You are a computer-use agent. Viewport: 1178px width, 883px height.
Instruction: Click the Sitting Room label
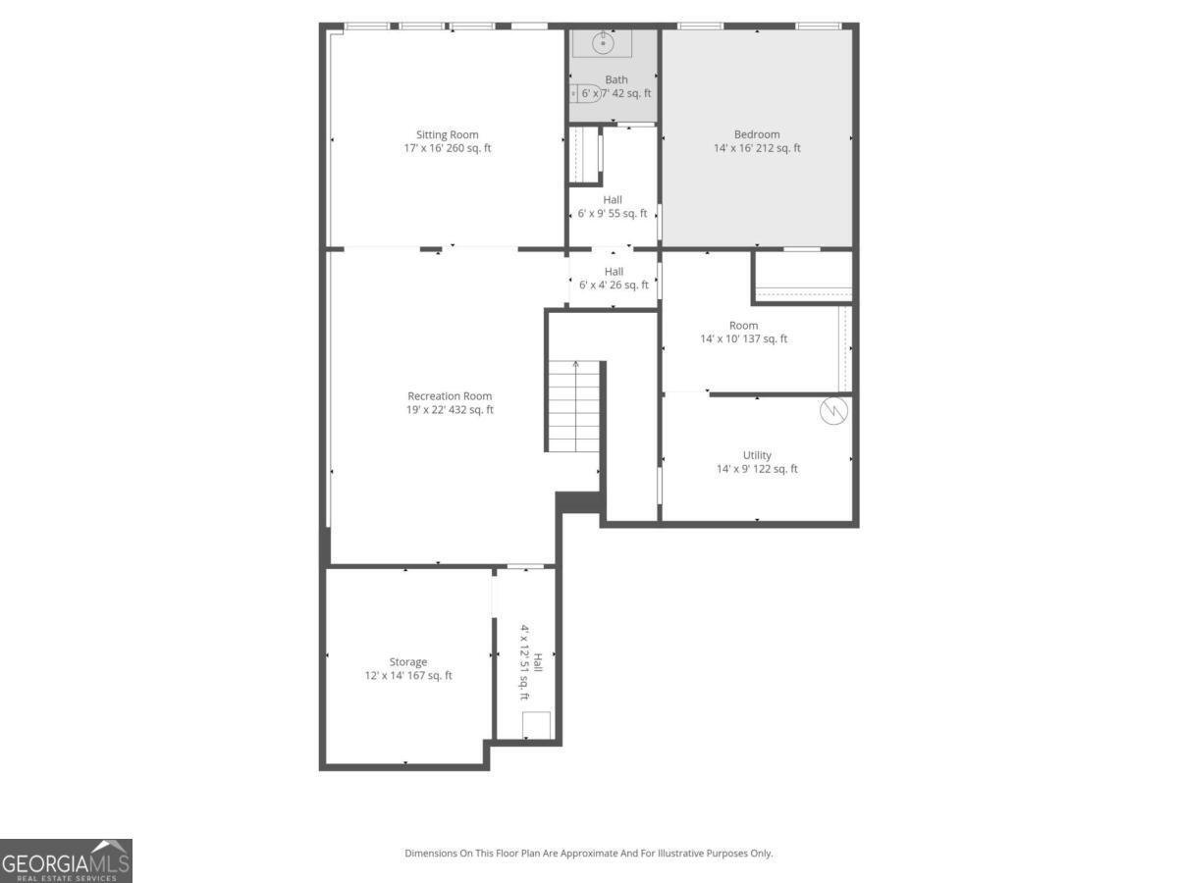[448, 134]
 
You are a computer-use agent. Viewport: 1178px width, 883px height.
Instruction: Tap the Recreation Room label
[450, 396]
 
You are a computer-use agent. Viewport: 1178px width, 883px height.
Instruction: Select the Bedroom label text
[757, 134]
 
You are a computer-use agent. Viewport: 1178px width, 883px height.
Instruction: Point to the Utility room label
[757, 455]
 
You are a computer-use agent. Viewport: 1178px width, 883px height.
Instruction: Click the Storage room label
[408, 662]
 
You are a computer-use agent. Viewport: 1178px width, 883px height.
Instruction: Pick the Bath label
[616, 80]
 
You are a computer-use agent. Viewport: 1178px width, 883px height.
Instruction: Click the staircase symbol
[574, 405]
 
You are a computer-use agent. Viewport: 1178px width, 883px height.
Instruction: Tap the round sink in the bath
[603, 43]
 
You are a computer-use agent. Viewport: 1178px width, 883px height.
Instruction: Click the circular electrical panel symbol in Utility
[833, 411]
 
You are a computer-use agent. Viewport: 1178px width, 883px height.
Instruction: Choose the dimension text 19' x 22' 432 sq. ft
[450, 410]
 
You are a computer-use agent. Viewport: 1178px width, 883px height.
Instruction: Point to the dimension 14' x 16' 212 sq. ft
[757, 148]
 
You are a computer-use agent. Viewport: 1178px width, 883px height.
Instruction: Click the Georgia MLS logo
[66, 860]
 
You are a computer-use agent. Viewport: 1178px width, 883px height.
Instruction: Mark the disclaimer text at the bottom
[589, 854]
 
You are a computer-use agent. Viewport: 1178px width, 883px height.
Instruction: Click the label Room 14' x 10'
[743, 326]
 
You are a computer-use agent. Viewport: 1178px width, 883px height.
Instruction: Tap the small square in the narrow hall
[536, 725]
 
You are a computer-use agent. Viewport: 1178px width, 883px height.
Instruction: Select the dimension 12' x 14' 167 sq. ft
[408, 676]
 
